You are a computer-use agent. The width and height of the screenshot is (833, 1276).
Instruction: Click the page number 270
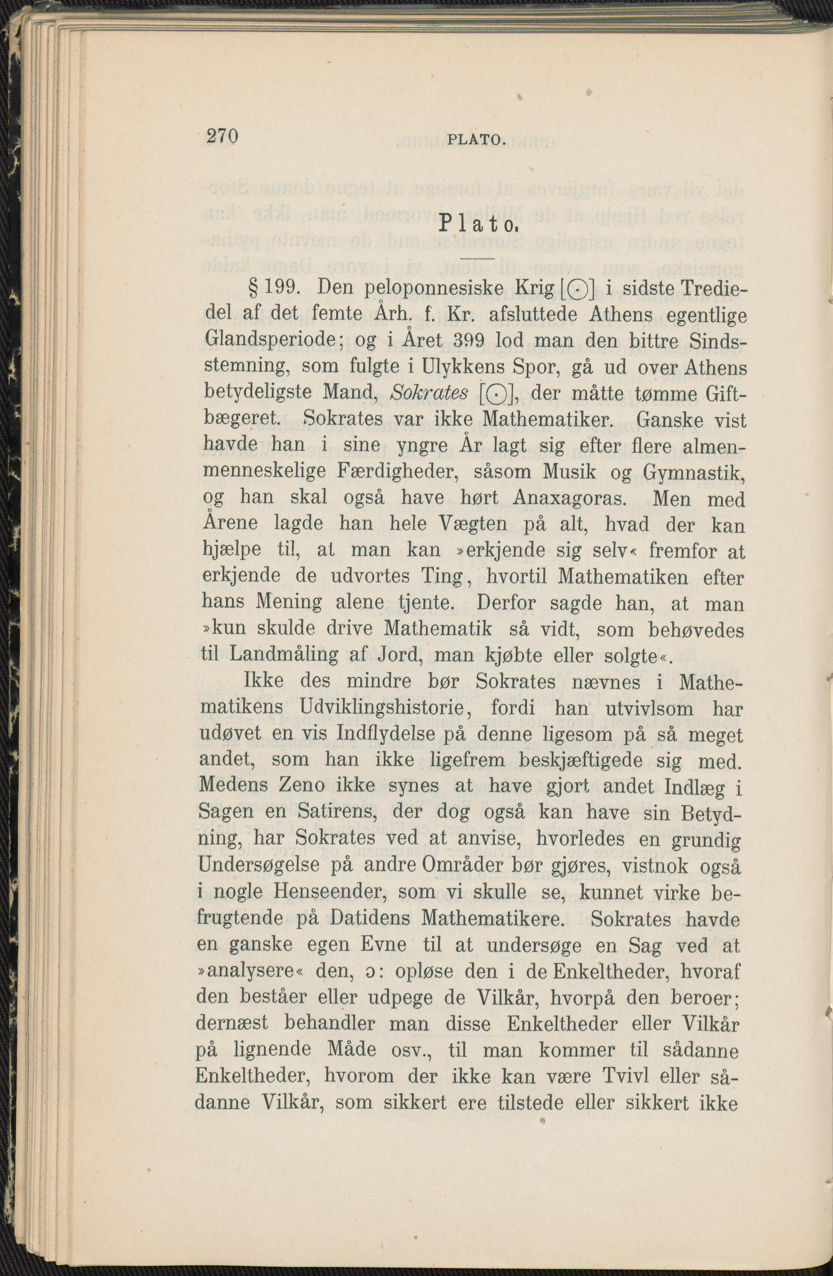tap(221, 136)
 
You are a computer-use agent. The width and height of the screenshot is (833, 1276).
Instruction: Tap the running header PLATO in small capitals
tap(476, 141)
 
